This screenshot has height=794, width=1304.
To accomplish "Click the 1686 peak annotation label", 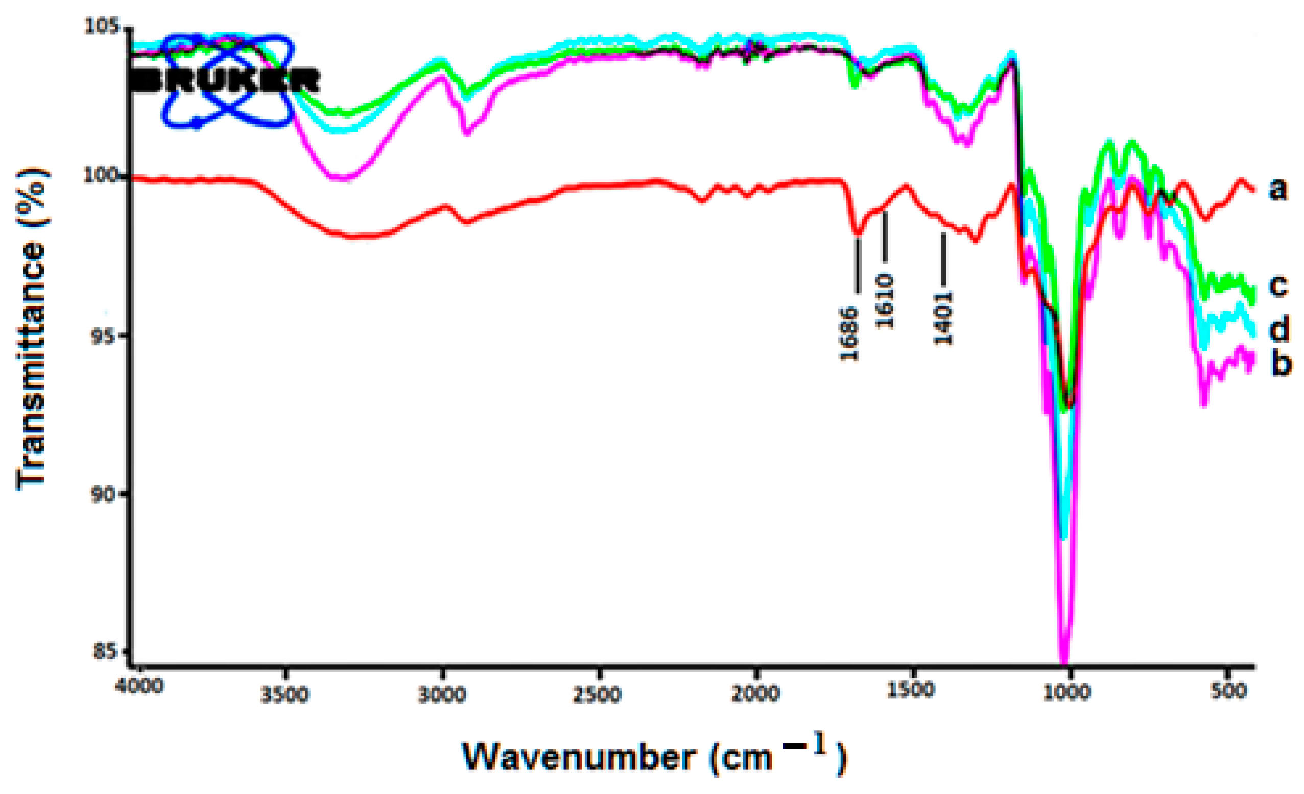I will [x=850, y=333].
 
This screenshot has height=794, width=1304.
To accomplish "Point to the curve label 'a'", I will [x=1277, y=189].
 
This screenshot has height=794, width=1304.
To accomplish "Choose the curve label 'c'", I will [x=1277, y=286].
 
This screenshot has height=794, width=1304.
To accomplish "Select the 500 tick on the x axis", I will [x=1228, y=691].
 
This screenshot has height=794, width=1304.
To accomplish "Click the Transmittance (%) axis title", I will [x=32, y=328].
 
